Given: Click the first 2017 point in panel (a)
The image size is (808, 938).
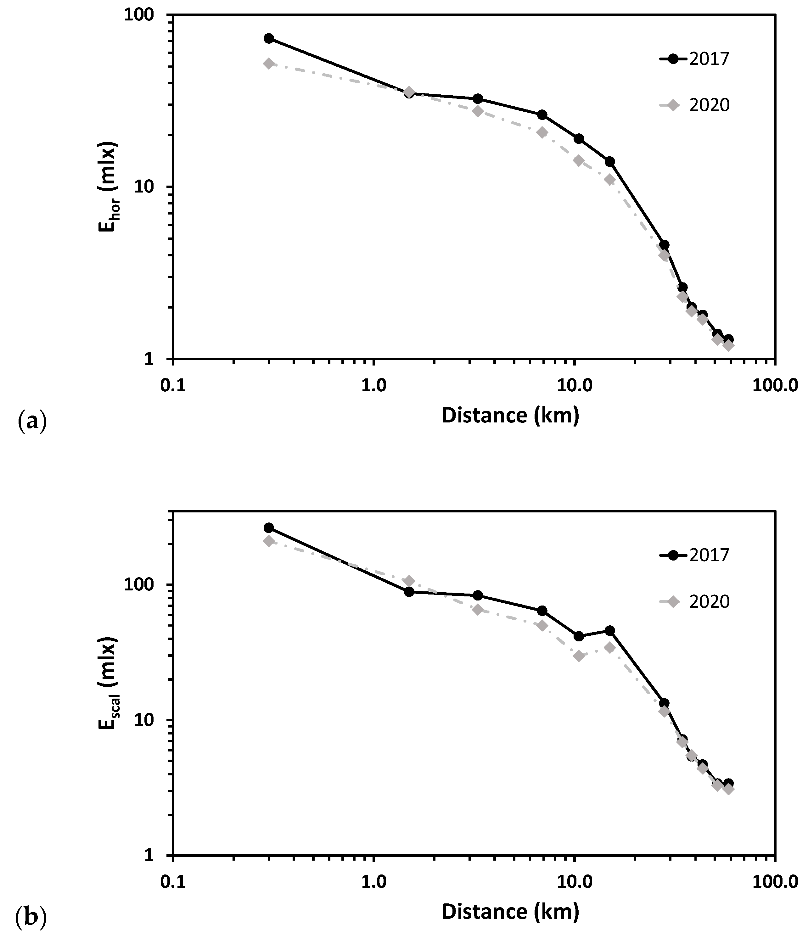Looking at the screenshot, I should click(269, 38).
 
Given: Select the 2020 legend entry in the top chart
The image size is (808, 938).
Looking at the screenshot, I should click(695, 105).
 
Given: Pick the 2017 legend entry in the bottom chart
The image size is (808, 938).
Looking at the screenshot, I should click(695, 555).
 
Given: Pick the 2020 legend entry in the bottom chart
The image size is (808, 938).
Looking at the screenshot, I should click(695, 601).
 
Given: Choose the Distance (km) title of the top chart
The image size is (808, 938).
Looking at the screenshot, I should click(510, 416).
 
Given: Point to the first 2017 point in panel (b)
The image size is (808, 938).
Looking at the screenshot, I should click(269, 528).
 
